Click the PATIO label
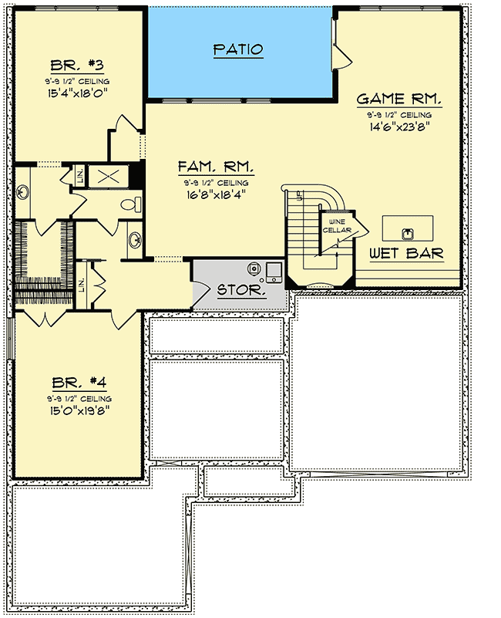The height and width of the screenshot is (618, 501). click(237, 49)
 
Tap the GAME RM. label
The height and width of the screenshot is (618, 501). click(398, 99)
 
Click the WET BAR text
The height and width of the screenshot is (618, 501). click(405, 253)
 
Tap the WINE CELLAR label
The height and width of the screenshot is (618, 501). click(336, 226)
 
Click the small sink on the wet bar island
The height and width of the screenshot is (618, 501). click(406, 229)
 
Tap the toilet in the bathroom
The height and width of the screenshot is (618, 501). click(133, 204)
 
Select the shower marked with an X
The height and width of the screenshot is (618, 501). click(106, 175)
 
